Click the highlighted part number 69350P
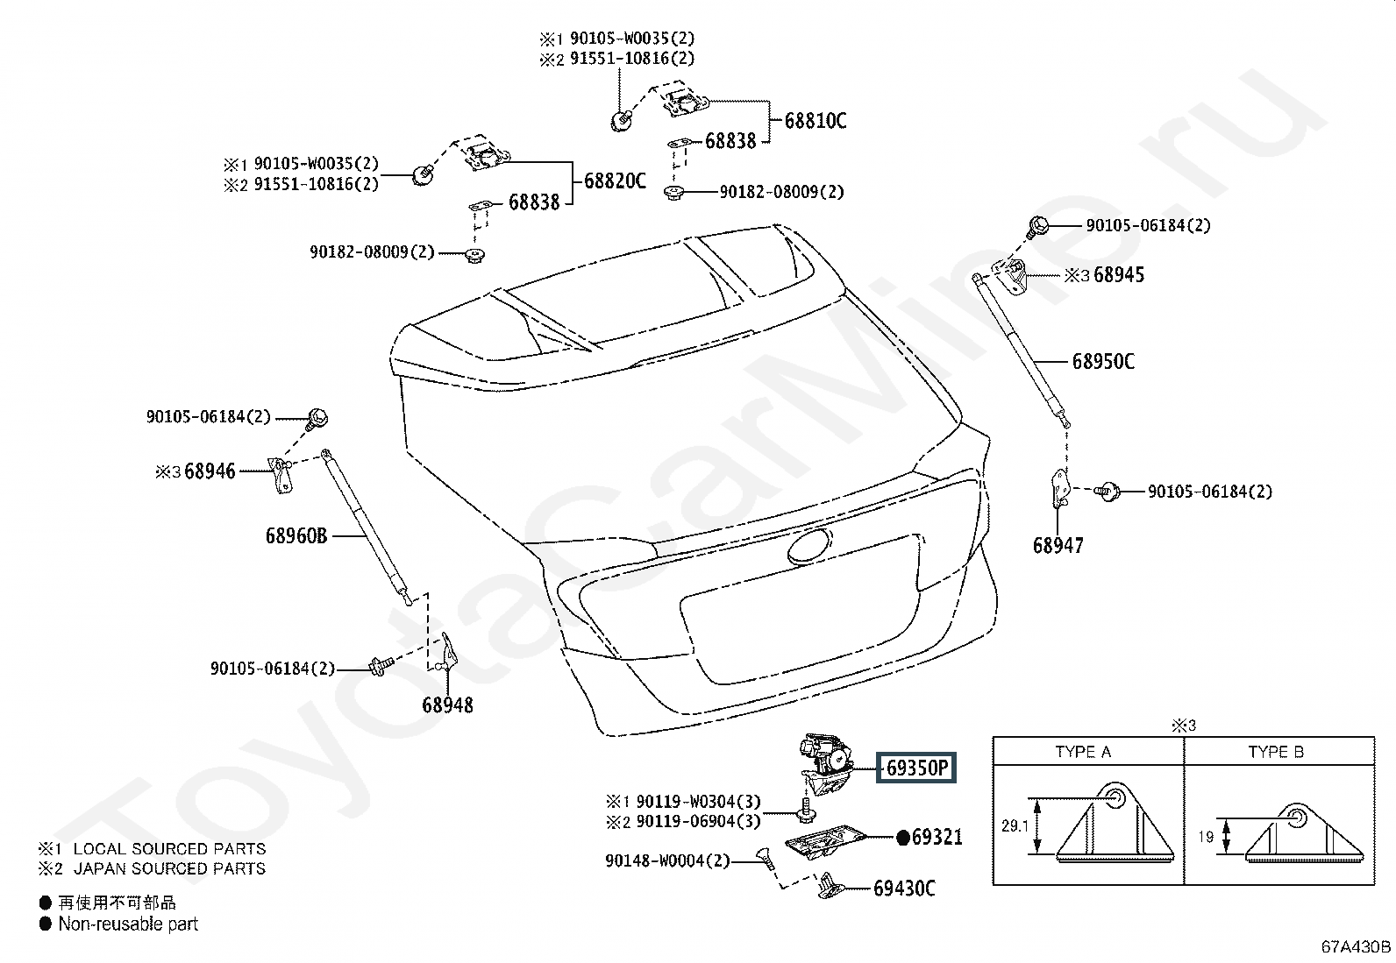tap(916, 768)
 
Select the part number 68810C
tap(816, 121)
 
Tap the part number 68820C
tap(615, 181)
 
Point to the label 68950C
tap(1103, 362)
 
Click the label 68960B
tap(296, 535)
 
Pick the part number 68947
tap(1058, 546)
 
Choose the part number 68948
tap(447, 705)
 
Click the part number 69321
tap(937, 837)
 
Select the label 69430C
tap(904, 889)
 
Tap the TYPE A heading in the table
tap(1083, 752)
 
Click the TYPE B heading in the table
tap(1276, 752)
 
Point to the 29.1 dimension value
tap(1015, 826)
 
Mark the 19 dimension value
tap(1206, 837)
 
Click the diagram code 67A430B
tap(1356, 947)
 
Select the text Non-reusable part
tap(128, 924)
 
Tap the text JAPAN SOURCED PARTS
tap(169, 868)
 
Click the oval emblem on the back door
tap(809, 547)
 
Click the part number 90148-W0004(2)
tap(667, 860)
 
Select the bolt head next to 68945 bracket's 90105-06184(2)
tap(1038, 225)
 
